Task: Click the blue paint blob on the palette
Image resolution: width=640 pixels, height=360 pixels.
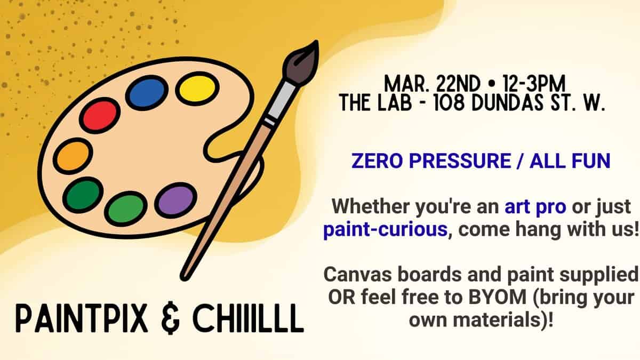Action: point(146,92)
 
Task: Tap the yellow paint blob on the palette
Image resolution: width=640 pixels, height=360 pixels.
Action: point(197,88)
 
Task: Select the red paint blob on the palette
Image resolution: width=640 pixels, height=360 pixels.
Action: point(100,115)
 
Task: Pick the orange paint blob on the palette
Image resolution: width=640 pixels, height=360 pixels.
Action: point(73,156)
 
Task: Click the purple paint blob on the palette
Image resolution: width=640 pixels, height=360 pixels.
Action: point(175,200)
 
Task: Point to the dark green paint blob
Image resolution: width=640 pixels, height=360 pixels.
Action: point(83,195)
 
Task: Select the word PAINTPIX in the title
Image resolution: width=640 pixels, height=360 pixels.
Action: point(79,318)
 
